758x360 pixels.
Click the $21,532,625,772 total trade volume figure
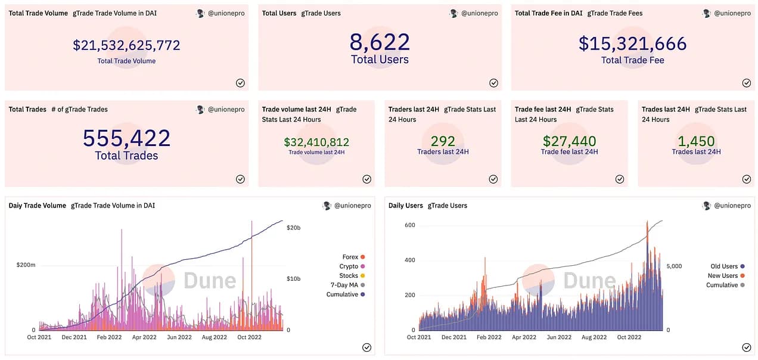(126, 45)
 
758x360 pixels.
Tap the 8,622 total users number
(380, 42)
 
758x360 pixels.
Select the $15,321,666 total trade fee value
(632, 44)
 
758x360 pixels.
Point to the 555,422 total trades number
(126, 138)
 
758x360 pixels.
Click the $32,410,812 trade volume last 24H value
(316, 142)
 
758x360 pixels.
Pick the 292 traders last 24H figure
(443, 141)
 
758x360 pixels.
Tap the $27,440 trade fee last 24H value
(570, 141)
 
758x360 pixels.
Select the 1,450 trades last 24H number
(696, 141)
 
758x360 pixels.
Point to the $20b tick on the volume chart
(293, 228)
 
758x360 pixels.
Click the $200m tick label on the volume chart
(26, 265)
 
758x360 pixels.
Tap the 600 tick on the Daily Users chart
(410, 225)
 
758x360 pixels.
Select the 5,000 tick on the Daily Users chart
(674, 266)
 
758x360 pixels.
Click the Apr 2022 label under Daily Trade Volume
(144, 337)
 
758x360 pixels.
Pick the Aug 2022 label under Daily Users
(594, 337)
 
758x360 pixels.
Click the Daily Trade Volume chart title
(37, 206)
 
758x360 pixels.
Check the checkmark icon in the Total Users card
(493, 83)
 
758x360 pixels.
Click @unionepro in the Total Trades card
(226, 109)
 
